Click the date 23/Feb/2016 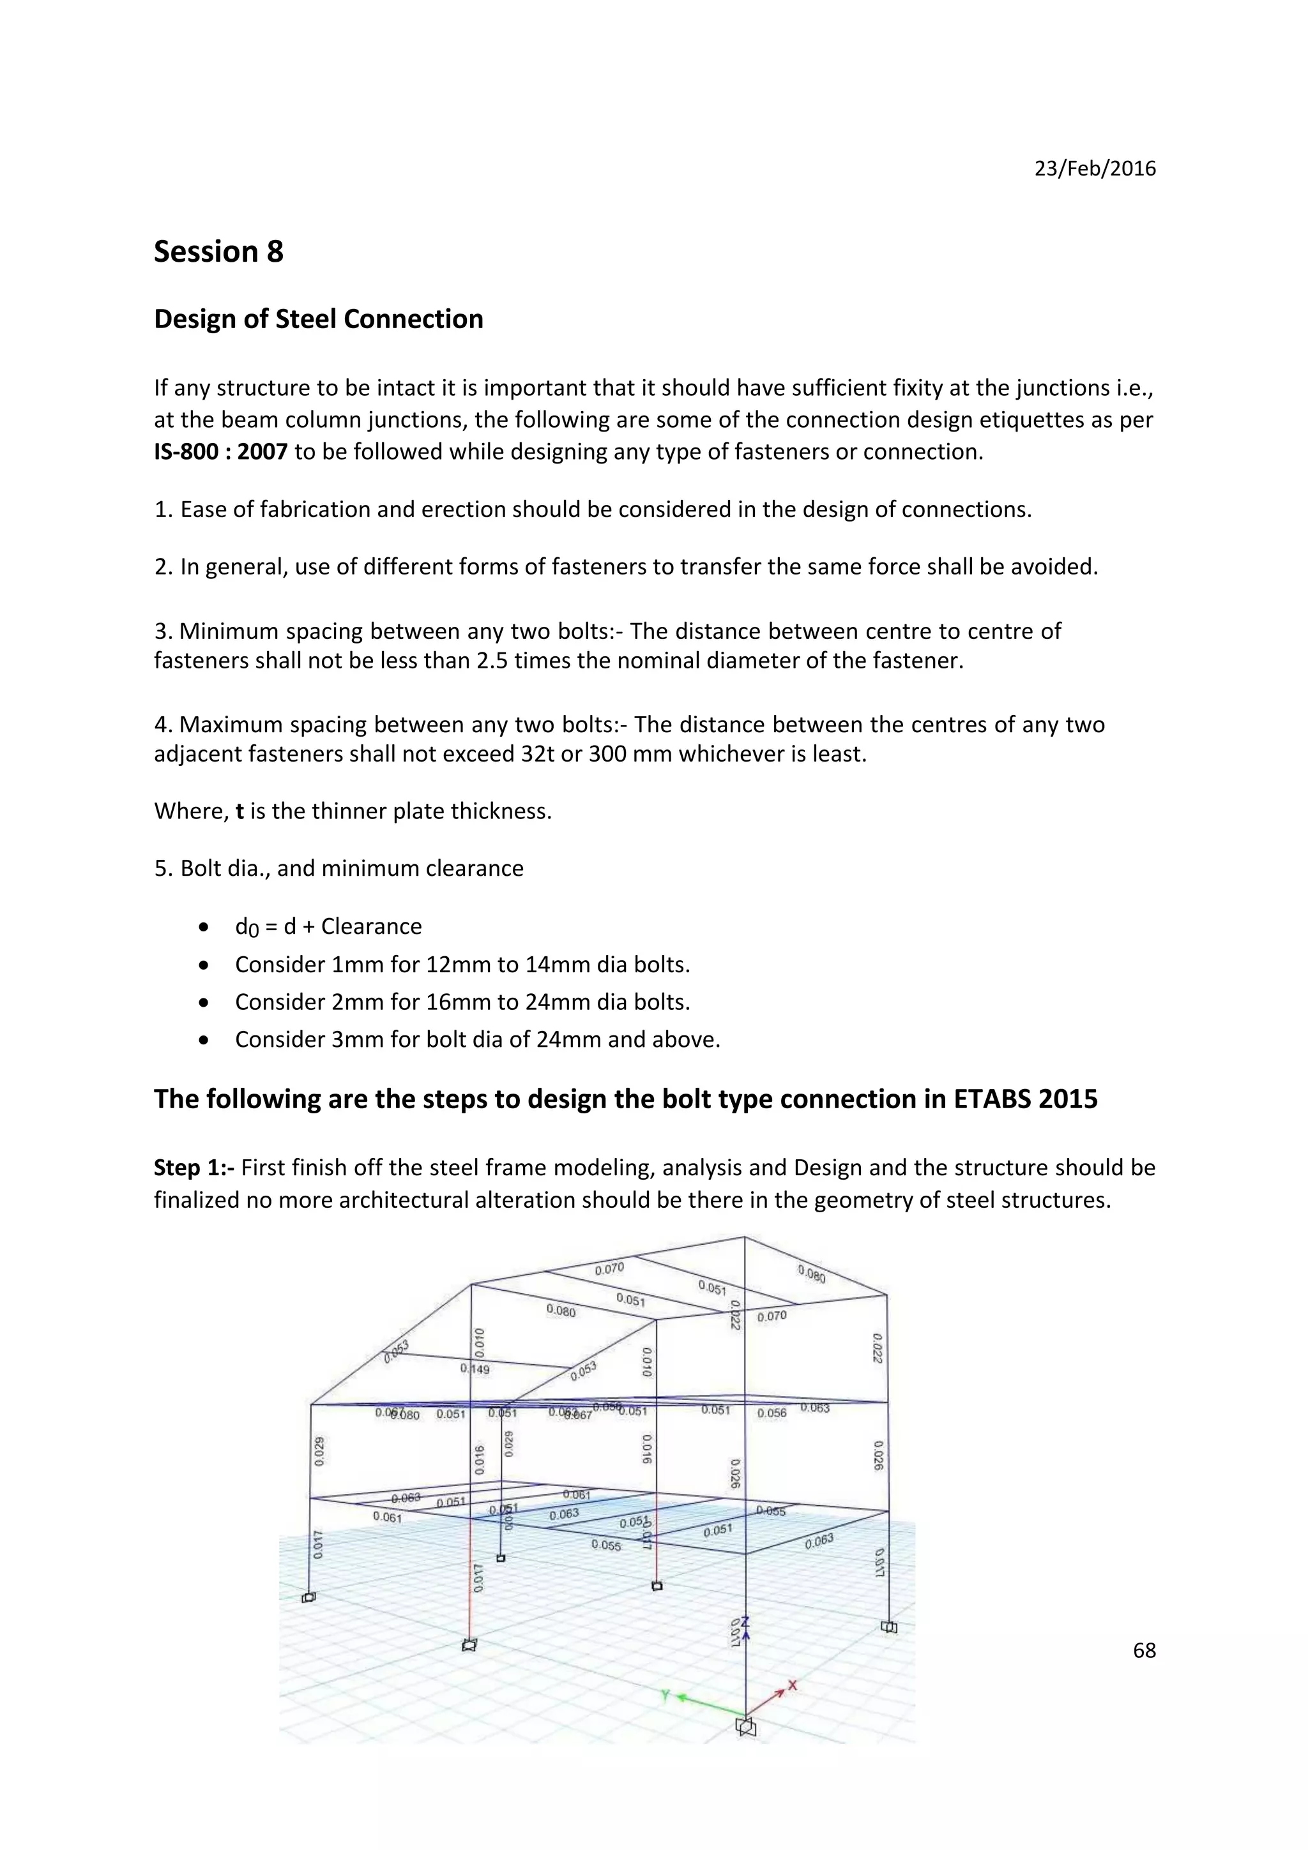point(1095,169)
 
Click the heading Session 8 point(218,252)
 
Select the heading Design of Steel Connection point(318,319)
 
